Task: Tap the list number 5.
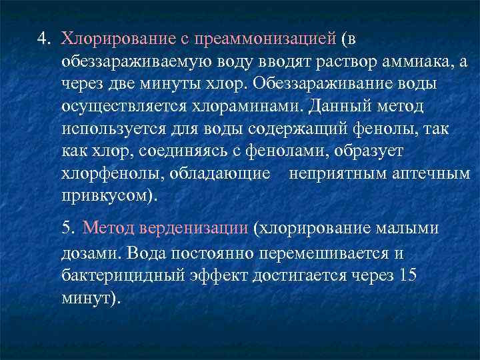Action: pyautogui.click(x=67, y=228)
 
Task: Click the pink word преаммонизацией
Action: pyautogui.click(x=265, y=38)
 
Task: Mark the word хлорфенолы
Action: pyautogui.click(x=107, y=175)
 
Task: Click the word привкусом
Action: pyautogui.click(x=107, y=197)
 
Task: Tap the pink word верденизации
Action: pyautogui.click(x=193, y=228)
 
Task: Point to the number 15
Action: pyautogui.click(x=407, y=276)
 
